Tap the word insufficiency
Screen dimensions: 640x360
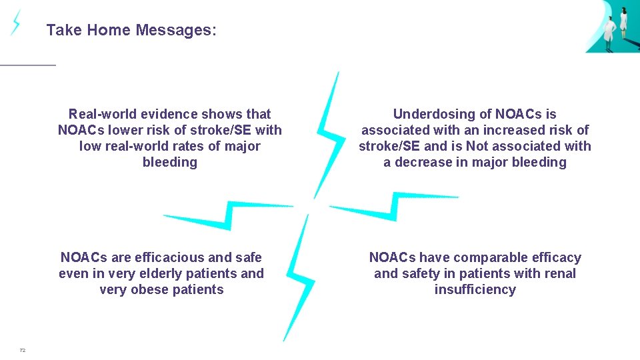[475, 289]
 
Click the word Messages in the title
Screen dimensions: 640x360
[176, 30]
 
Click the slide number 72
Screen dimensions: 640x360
[22, 350]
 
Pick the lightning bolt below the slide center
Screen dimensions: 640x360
[299, 280]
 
